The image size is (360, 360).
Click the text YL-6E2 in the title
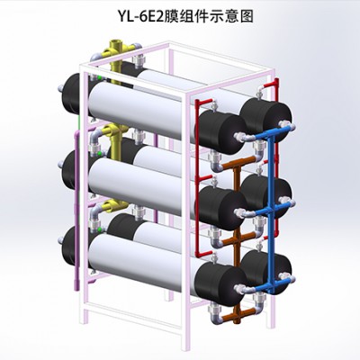click(140, 17)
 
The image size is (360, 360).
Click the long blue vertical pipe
click(273, 210)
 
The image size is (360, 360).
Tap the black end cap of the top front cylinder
click(221, 132)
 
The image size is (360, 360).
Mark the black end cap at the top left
click(74, 94)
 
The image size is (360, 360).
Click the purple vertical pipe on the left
click(76, 210)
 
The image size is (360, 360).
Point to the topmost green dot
click(100, 77)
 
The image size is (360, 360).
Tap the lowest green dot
click(100, 229)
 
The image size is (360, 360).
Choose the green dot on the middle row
click(100, 154)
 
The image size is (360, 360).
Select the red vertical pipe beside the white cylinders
click(198, 178)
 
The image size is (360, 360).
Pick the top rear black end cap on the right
click(265, 120)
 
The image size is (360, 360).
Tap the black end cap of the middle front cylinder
click(221, 208)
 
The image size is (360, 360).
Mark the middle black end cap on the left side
click(74, 170)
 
